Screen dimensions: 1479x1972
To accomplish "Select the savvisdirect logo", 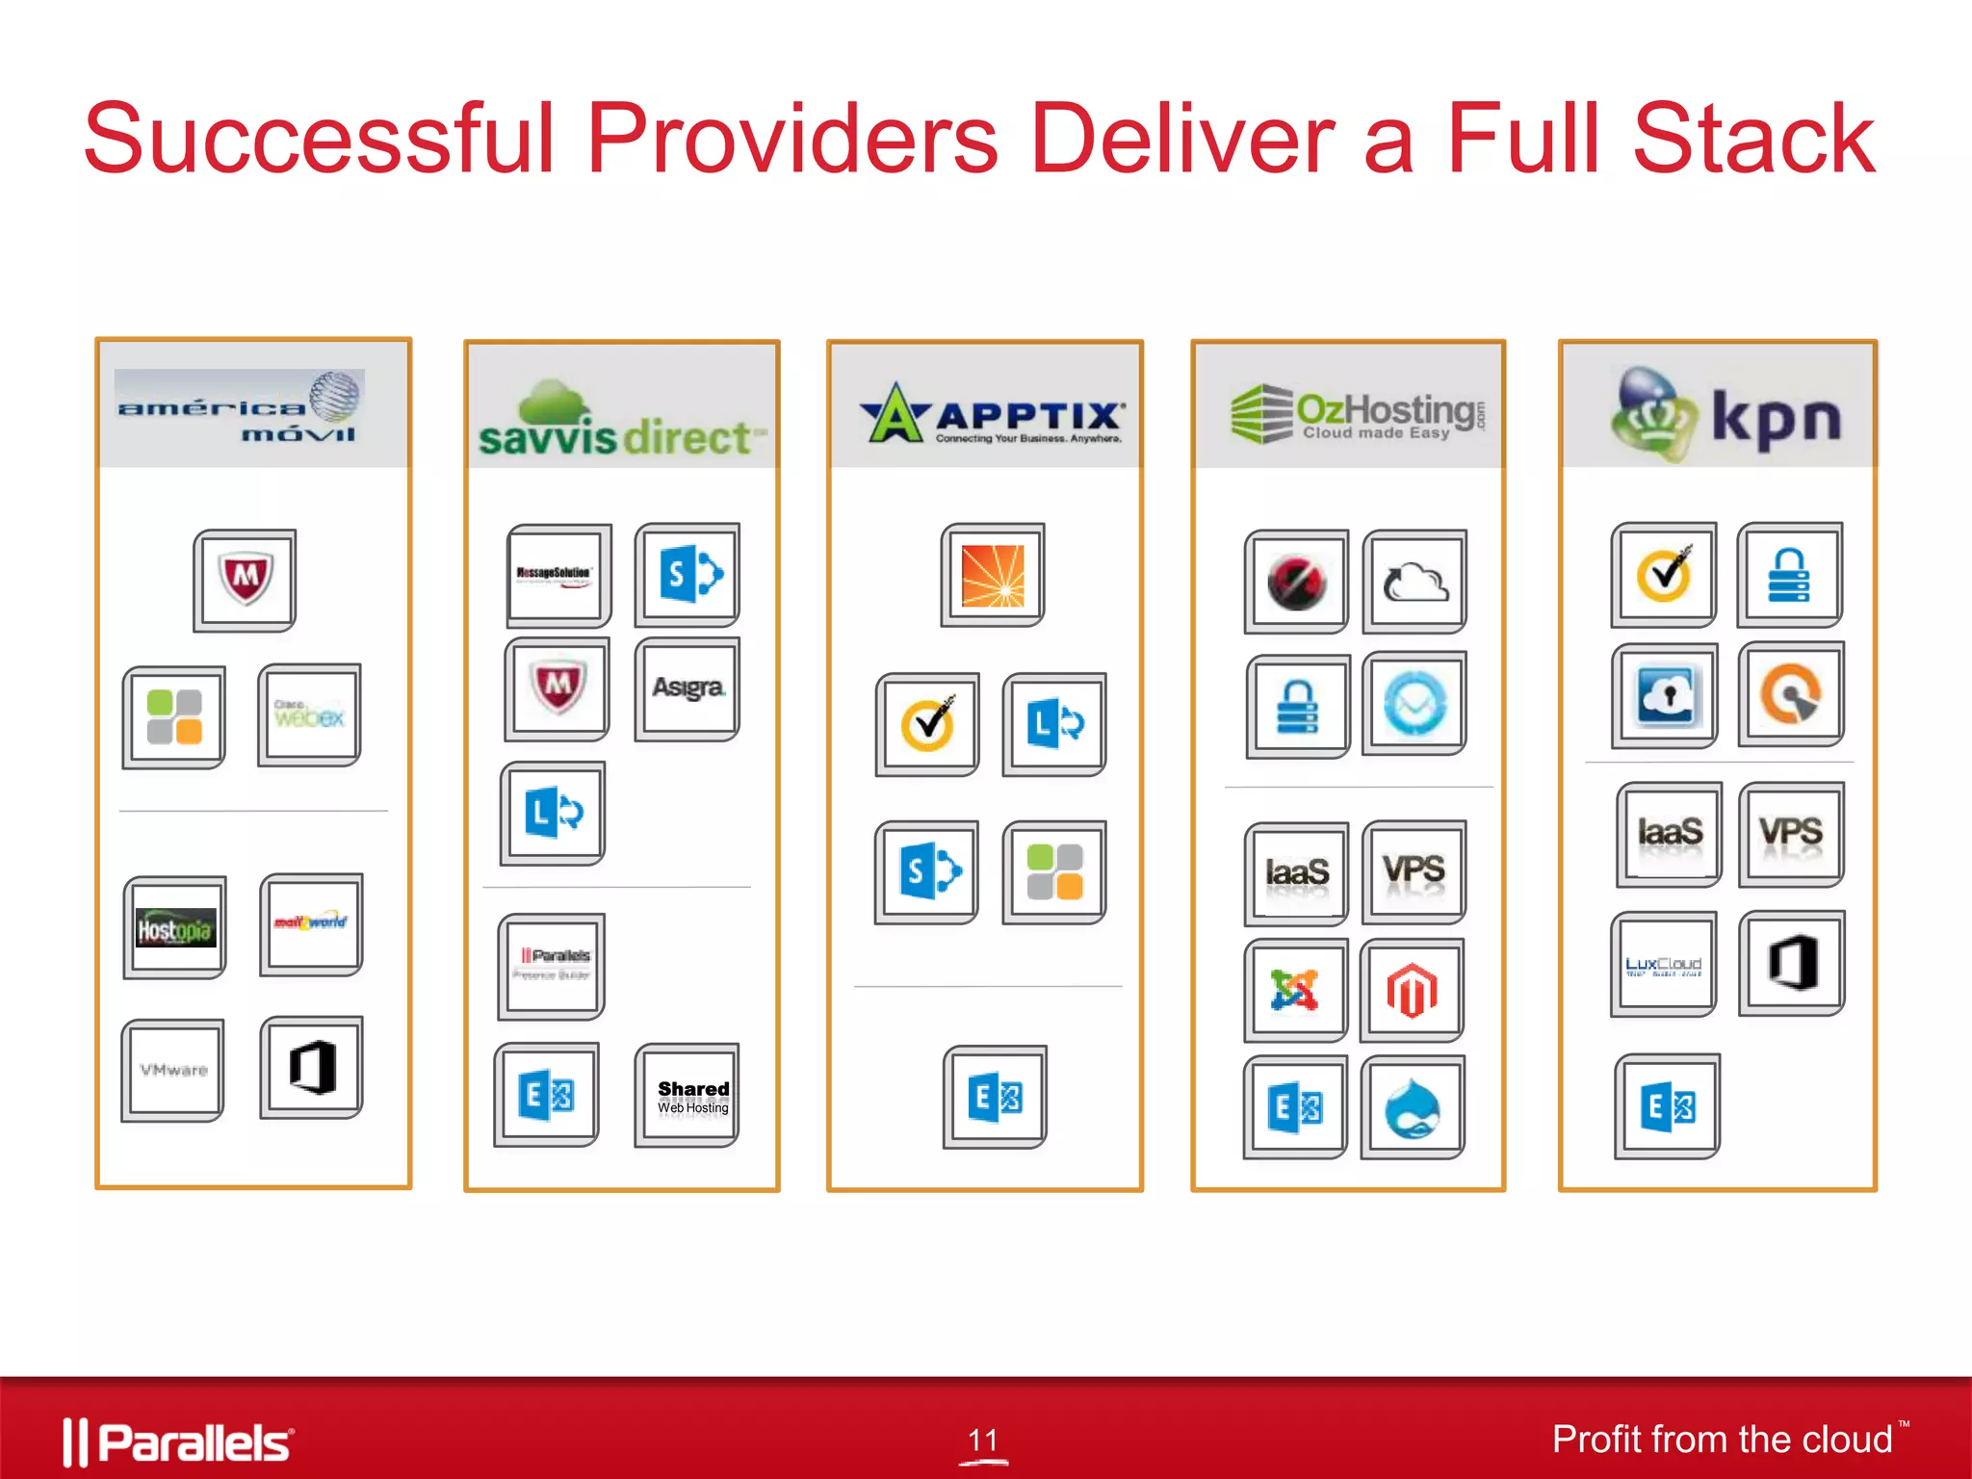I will [621, 422].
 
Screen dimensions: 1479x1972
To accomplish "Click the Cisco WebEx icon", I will [309, 714].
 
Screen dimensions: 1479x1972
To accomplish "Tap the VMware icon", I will [173, 1070].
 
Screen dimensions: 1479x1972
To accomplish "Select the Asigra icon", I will [688, 688].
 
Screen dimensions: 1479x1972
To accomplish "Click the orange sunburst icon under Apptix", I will [993, 576].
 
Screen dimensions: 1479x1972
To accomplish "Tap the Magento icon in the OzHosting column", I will [1412, 990].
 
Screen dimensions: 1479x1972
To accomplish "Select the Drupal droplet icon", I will [1413, 1108].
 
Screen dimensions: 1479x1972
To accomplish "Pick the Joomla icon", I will [1294, 990].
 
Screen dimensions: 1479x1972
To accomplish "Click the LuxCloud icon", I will [1664, 965].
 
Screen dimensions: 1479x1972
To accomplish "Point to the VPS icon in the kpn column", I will [1791, 833].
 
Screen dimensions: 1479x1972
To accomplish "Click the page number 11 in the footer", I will [983, 1440].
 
